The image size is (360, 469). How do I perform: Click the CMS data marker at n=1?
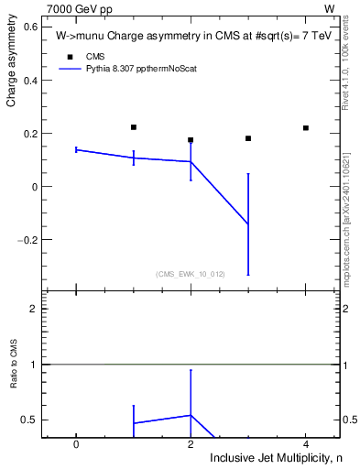coord(134,127)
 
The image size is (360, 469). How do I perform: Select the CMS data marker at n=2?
coord(191,140)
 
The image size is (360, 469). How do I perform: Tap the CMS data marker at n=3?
coord(248,138)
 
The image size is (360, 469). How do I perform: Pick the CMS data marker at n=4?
coord(305,127)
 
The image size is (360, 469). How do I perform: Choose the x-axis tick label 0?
coord(76,444)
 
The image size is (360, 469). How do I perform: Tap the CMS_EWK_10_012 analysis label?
coord(191,274)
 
